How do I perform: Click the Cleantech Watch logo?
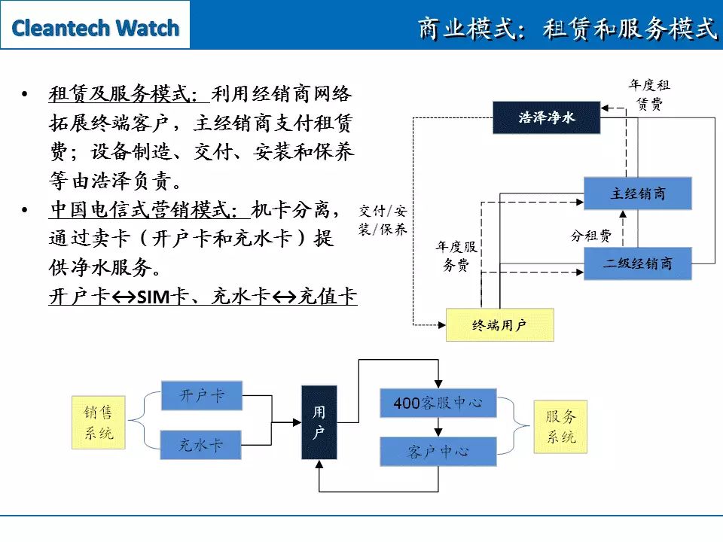(x=95, y=28)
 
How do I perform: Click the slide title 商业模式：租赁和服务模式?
(x=567, y=28)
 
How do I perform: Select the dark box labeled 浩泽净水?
(x=547, y=117)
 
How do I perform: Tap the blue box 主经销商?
(x=638, y=193)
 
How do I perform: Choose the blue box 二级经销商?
(x=638, y=263)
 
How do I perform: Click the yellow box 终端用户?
(x=500, y=325)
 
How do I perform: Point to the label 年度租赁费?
(x=649, y=95)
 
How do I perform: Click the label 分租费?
(x=591, y=236)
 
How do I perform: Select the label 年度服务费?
(x=456, y=256)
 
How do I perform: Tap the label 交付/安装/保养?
(x=383, y=221)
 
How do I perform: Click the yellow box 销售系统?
(x=99, y=422)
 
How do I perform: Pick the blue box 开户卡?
(x=202, y=395)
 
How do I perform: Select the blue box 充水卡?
(x=200, y=445)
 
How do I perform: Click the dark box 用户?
(x=319, y=422)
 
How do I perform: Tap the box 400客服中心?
(x=438, y=403)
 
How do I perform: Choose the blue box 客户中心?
(x=438, y=452)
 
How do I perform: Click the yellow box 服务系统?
(x=560, y=427)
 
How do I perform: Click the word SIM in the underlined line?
(x=154, y=297)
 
